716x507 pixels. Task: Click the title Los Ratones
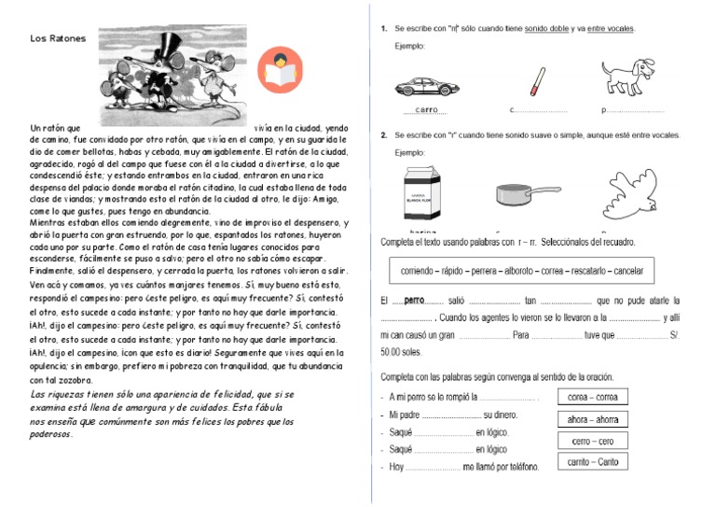58,38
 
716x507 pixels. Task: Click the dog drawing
631,77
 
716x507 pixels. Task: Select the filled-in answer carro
426,110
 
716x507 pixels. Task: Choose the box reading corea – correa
593,398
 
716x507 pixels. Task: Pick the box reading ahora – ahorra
593,419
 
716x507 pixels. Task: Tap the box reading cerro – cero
593,441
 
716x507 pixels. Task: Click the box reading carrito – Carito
593,462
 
